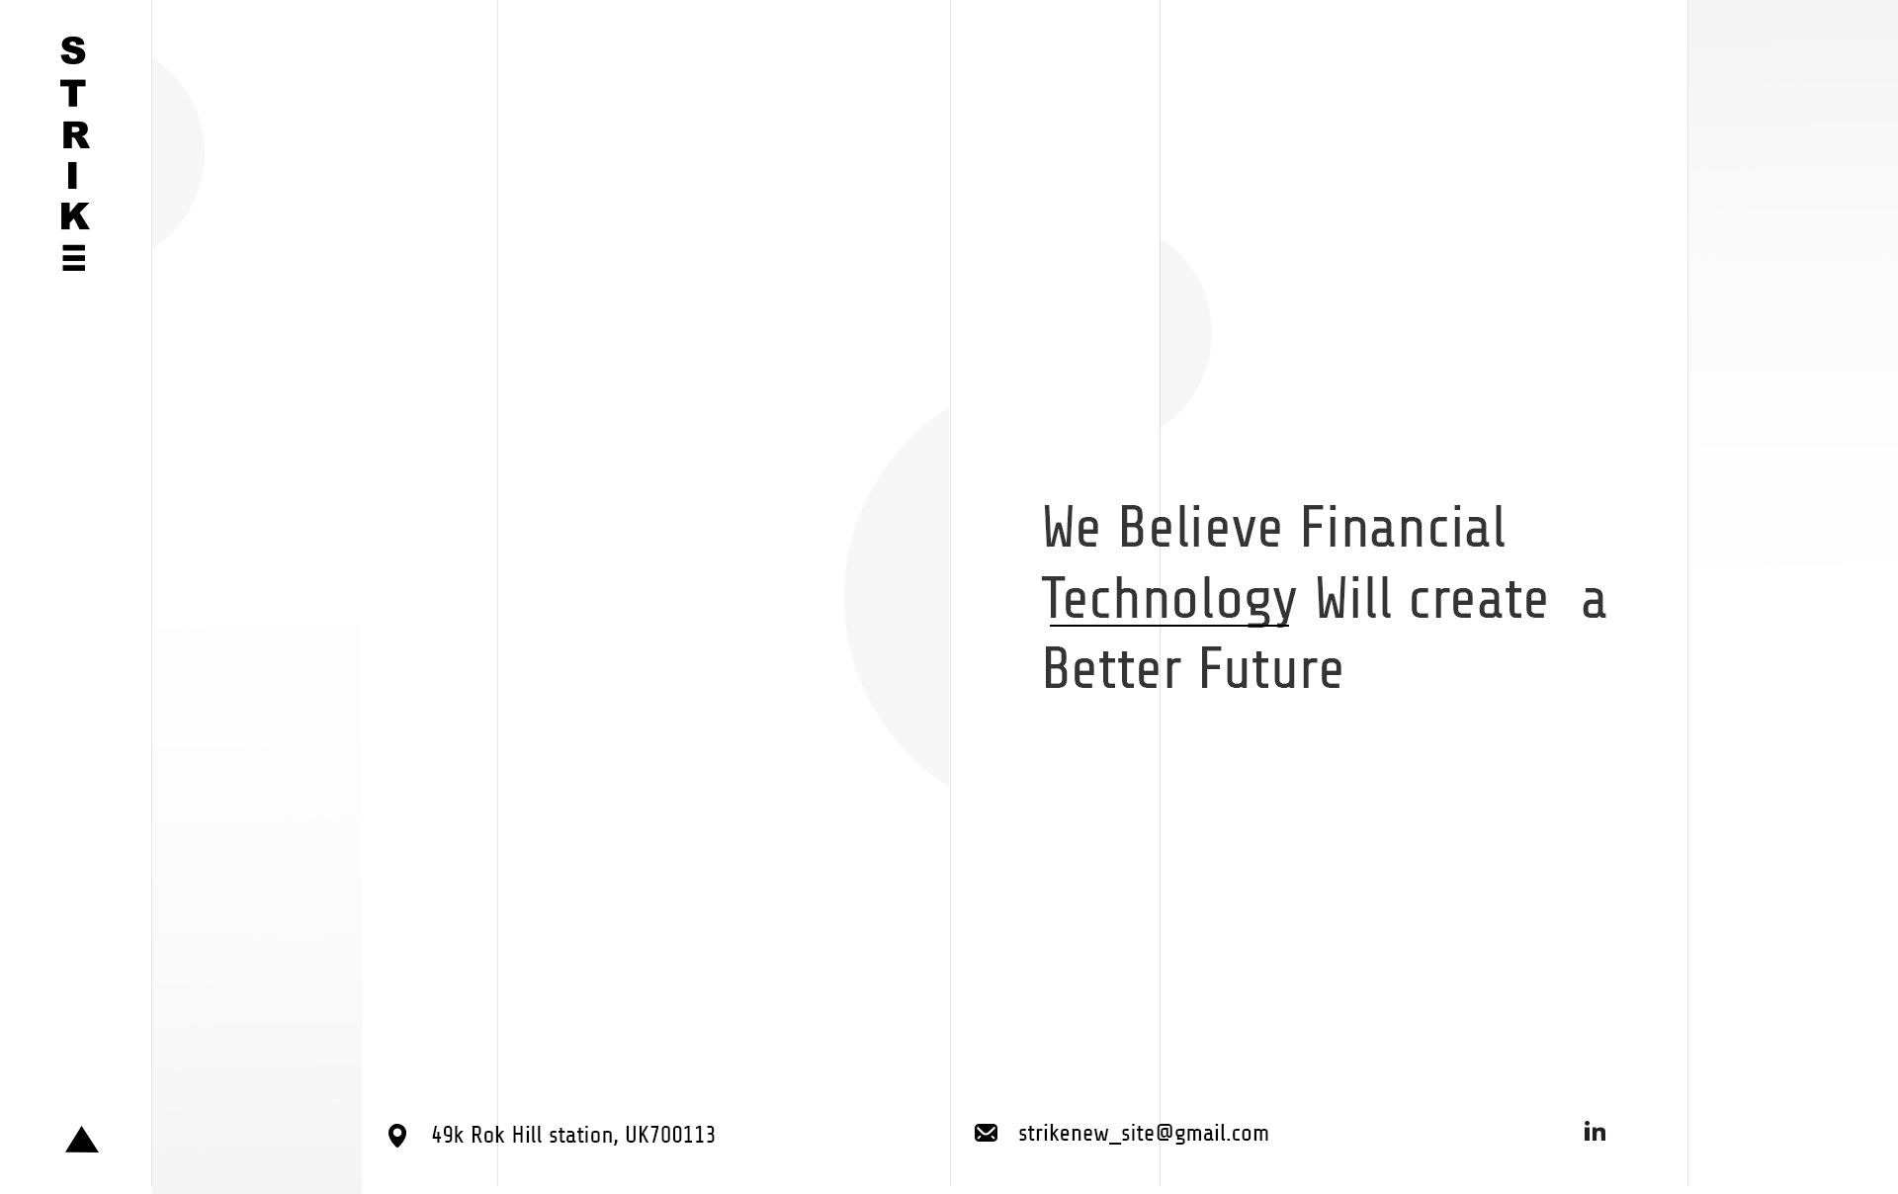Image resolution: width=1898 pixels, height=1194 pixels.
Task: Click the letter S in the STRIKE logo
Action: point(73,49)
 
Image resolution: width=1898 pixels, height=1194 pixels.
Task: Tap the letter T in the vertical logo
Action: point(73,94)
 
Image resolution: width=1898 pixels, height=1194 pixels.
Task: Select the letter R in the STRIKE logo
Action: point(75,135)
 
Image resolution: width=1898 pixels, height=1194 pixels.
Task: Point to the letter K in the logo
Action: point(75,215)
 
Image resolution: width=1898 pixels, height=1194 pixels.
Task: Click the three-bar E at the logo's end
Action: point(73,257)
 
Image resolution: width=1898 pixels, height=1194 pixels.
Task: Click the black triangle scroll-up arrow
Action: point(82,1140)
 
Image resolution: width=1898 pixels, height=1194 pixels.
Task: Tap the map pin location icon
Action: point(397,1136)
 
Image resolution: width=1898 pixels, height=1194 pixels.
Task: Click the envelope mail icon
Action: point(986,1133)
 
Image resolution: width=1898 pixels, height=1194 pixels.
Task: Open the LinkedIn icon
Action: point(1595,1131)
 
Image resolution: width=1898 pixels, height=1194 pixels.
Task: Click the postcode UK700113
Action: point(670,1135)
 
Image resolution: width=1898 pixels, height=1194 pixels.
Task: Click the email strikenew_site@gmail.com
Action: point(1144,1134)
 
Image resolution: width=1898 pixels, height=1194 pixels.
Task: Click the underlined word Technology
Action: point(1168,599)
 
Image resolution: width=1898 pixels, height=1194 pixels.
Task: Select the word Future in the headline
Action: point(1271,669)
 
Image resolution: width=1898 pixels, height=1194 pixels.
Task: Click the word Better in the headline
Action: point(1112,669)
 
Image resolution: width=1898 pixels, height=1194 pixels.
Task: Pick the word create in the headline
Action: point(1478,600)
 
